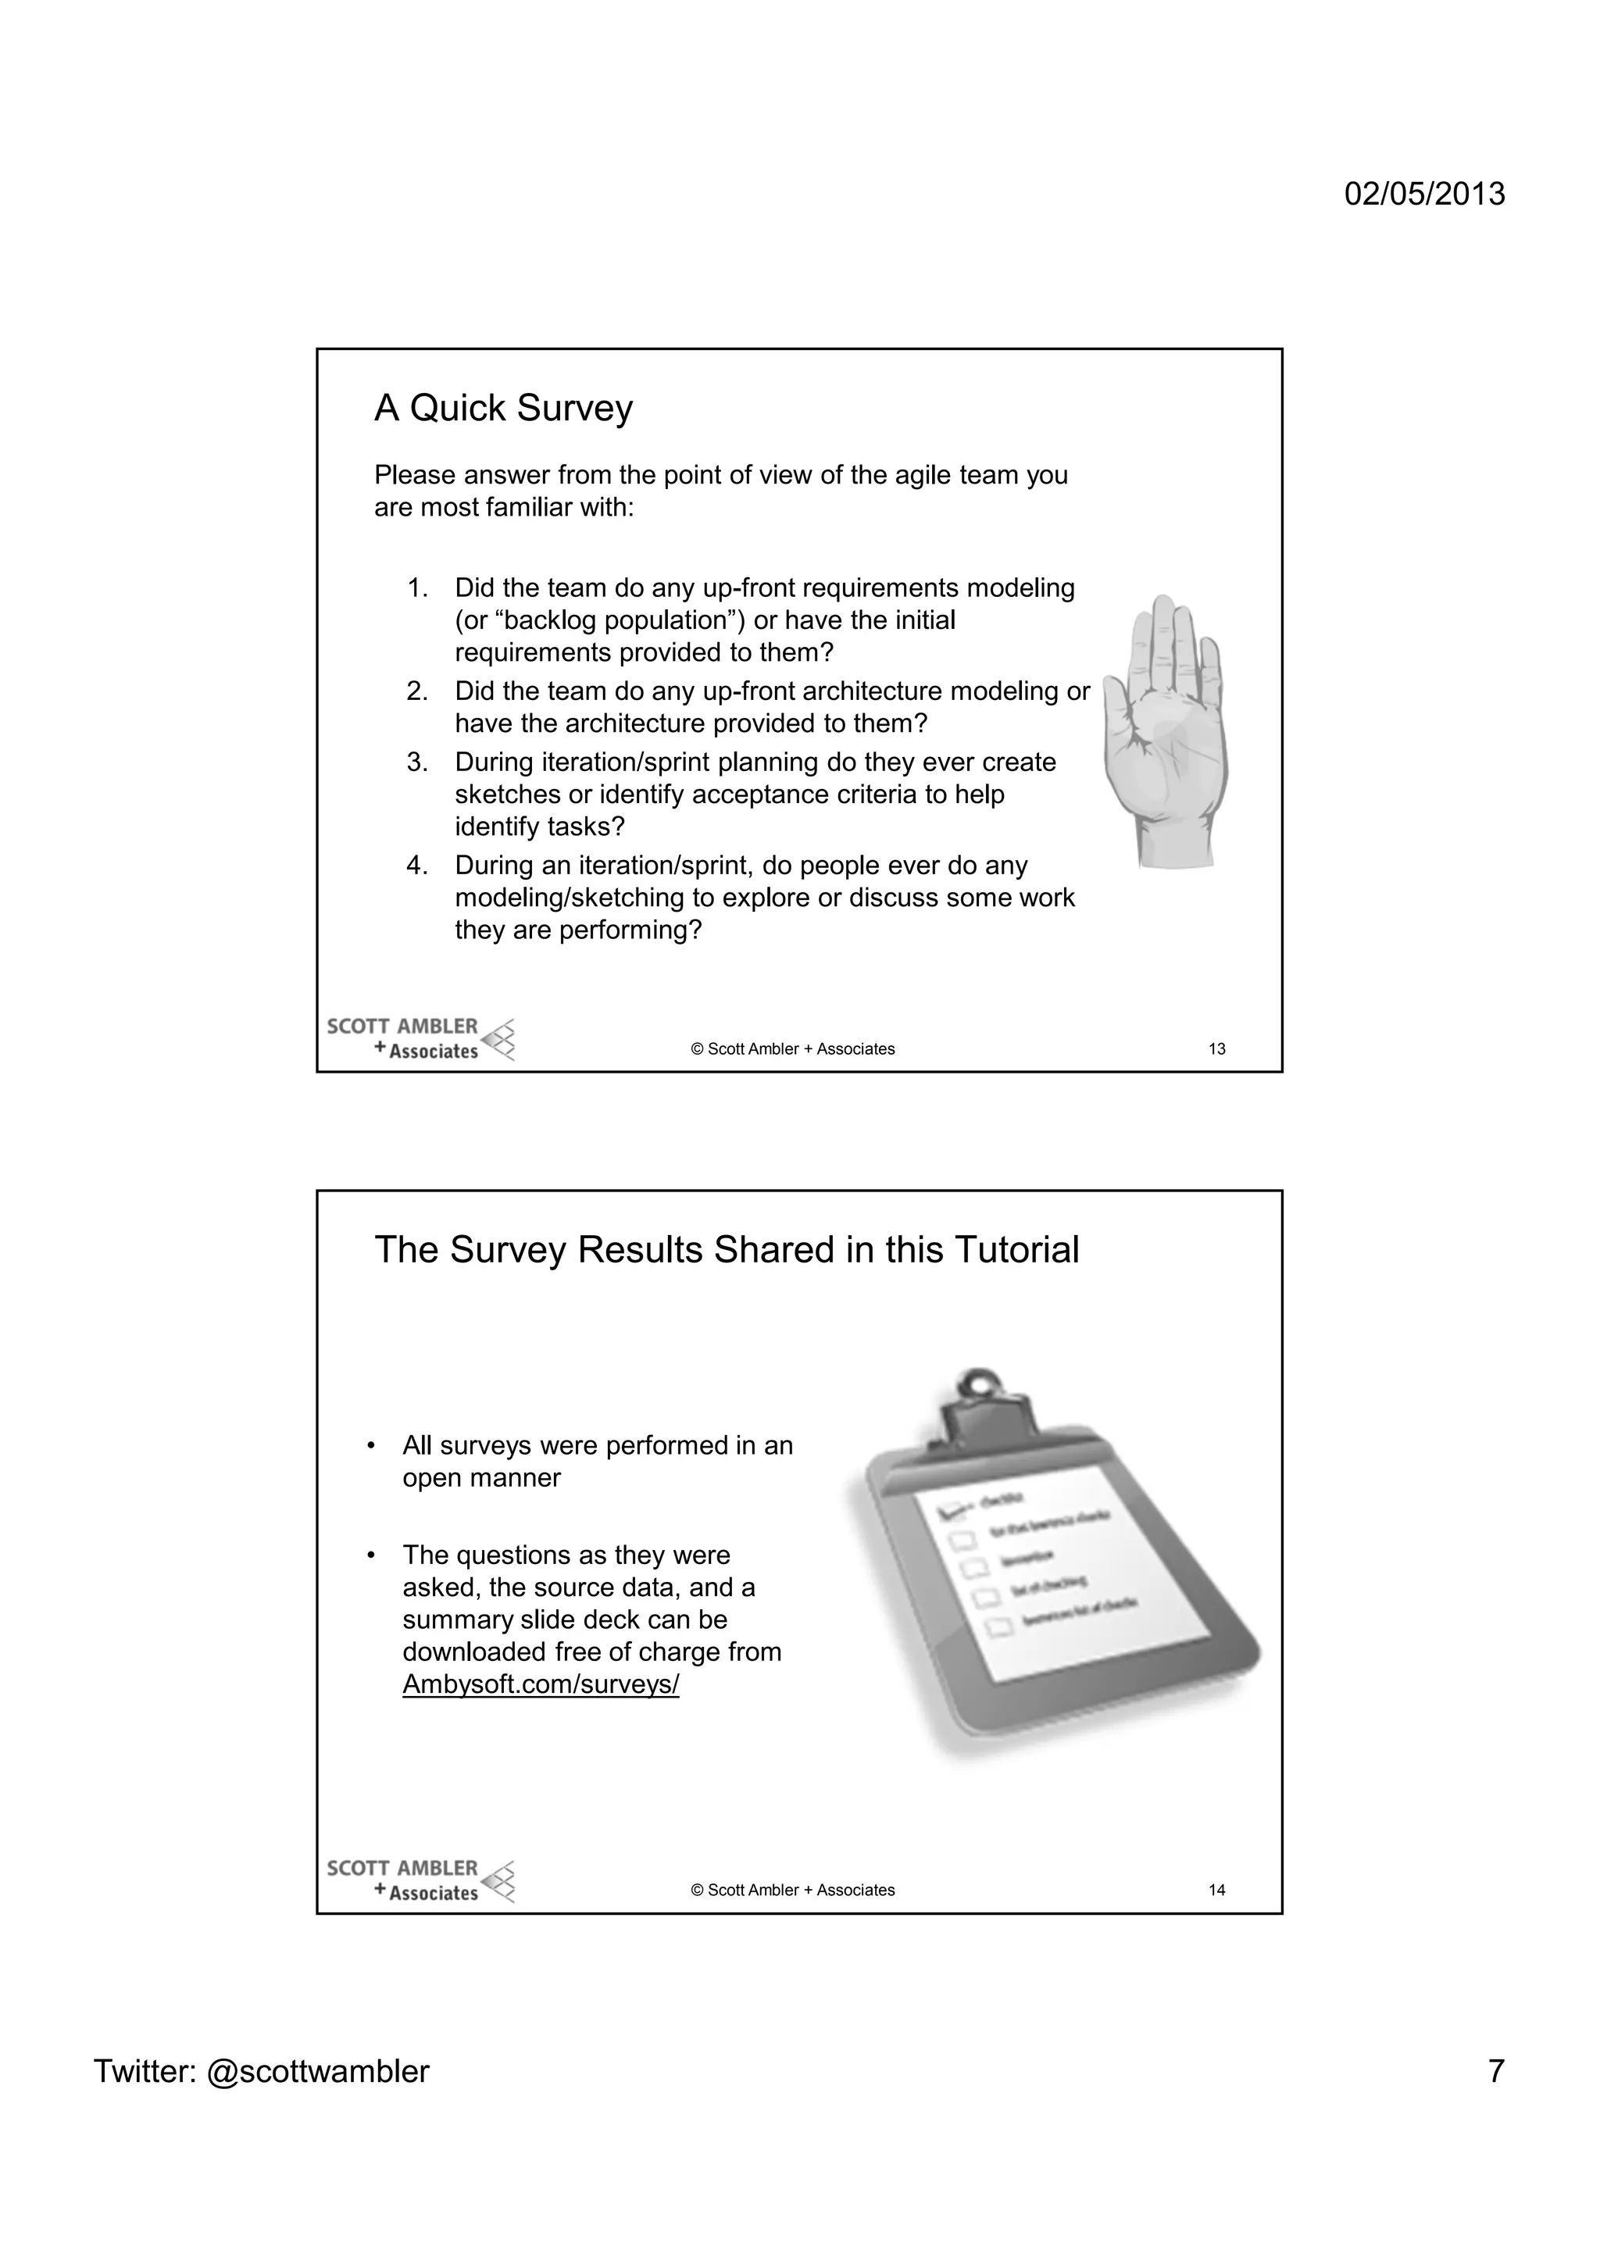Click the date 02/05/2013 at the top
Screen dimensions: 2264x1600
pyautogui.click(x=1423, y=193)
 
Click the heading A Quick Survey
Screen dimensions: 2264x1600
pyautogui.click(x=503, y=409)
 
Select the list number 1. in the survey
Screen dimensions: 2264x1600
pyautogui.click(x=417, y=589)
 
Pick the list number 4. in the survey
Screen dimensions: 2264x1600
pyautogui.click(x=417, y=866)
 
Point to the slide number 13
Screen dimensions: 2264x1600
pyautogui.click(x=1216, y=1049)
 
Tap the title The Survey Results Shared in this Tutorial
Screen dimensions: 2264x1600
pyautogui.click(x=727, y=1250)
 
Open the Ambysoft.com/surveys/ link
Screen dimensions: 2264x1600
pyautogui.click(x=540, y=1684)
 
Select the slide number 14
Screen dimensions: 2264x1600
pyautogui.click(x=1216, y=1891)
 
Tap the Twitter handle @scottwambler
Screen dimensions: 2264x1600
pyautogui.click(x=317, y=2071)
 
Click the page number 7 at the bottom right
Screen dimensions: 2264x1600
pyautogui.click(x=1495, y=2071)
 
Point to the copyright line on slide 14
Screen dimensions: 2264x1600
pyautogui.click(x=793, y=1891)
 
